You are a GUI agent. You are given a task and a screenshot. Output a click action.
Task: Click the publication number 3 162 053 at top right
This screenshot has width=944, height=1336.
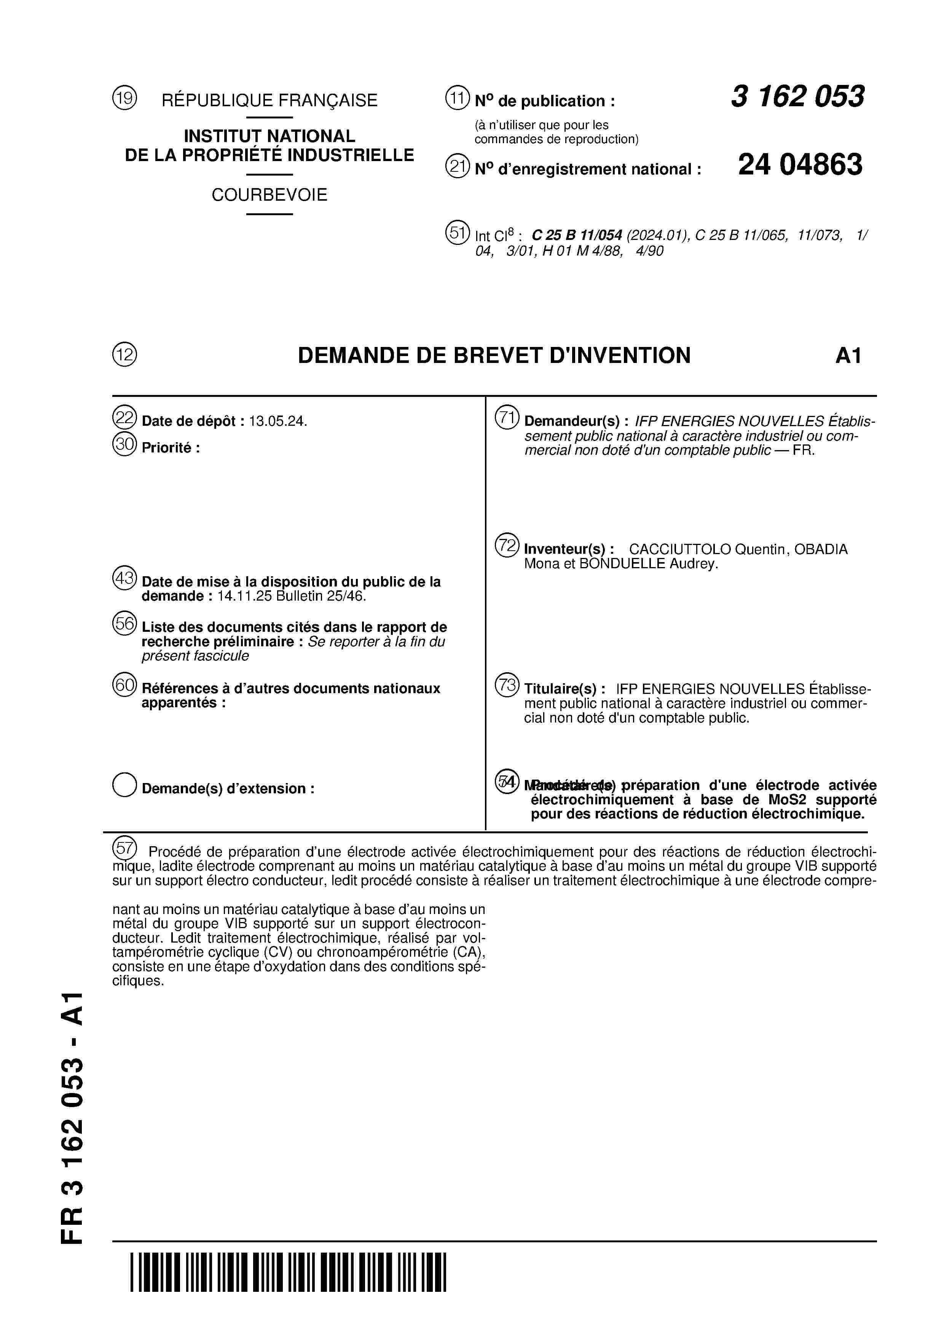[797, 97]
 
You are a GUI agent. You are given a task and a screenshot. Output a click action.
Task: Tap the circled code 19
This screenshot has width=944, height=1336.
[124, 98]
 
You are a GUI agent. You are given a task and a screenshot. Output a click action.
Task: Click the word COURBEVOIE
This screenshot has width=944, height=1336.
[269, 195]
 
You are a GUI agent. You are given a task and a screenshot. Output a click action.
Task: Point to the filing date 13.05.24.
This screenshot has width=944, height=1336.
[277, 421]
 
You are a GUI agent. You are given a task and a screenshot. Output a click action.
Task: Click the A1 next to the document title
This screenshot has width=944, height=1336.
[848, 356]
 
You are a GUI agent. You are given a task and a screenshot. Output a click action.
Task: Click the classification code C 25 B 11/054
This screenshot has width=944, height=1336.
[577, 236]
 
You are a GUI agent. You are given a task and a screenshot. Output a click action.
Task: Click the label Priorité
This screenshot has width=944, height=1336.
[167, 448]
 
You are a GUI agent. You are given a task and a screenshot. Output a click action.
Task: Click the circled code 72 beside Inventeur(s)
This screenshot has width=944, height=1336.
[507, 545]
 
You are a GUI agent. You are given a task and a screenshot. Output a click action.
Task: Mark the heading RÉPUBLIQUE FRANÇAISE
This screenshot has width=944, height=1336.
[269, 101]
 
